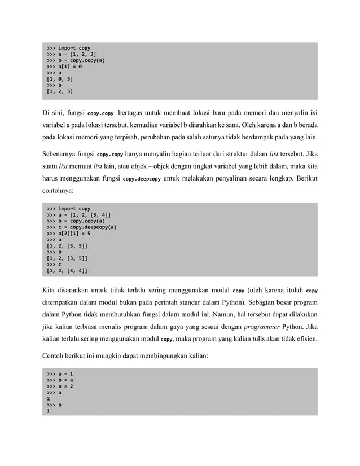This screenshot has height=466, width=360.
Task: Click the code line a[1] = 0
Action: click(x=64, y=67)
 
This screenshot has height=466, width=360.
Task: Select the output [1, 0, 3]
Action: click(x=59, y=79)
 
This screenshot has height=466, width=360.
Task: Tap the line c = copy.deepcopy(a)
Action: click(x=81, y=227)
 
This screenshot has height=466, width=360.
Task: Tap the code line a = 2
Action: click(x=60, y=386)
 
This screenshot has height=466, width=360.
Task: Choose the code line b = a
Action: click(x=60, y=380)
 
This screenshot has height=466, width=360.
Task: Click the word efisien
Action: click(x=306, y=339)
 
